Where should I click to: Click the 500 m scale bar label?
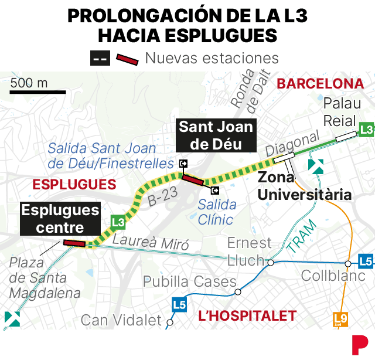pos(29,83)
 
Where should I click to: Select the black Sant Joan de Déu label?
pos(216,135)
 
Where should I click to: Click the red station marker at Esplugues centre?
pos(74,243)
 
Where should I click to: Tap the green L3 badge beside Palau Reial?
pos(367,129)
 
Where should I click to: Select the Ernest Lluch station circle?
pos(271,263)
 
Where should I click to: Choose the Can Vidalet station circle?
pos(170,322)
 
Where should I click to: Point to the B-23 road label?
pos(163,197)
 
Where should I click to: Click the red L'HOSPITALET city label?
pos(247,317)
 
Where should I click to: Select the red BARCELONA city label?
pos(320,84)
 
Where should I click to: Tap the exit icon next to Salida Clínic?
pos(215,190)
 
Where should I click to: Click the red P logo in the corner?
pos(359,344)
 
